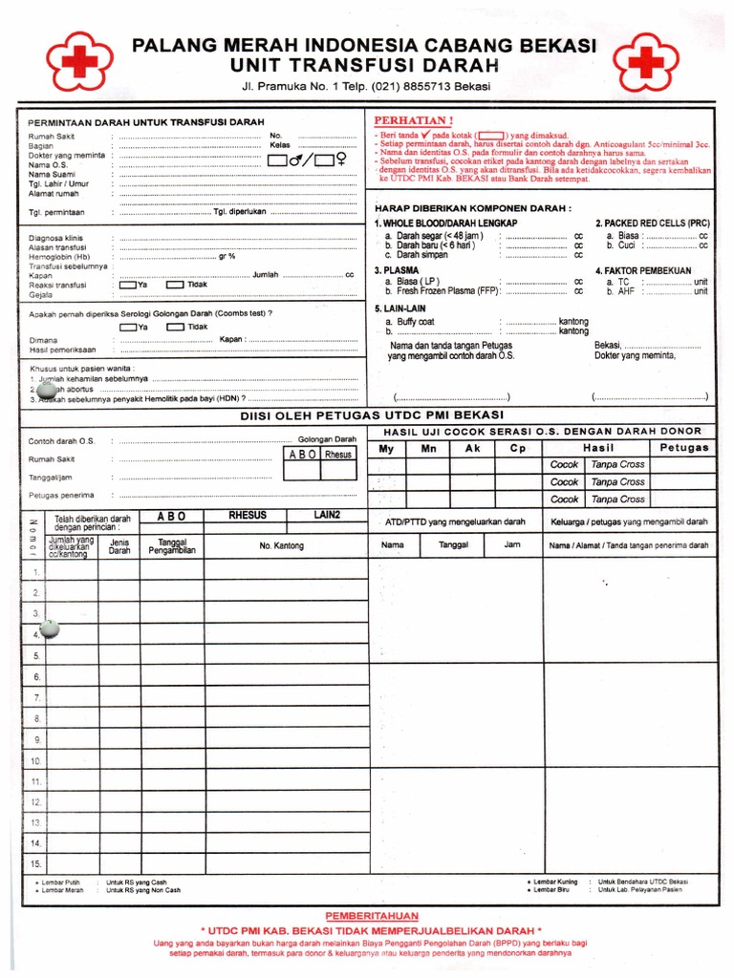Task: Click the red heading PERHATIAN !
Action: [413, 121]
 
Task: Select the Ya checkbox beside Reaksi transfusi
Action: [128, 285]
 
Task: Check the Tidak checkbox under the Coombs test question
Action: [176, 327]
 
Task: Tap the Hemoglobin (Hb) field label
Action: [59, 256]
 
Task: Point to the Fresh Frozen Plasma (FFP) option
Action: [440, 291]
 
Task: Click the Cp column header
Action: [517, 448]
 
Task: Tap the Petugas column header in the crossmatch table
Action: [683, 447]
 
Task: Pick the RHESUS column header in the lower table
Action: [248, 516]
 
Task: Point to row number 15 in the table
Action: [36, 864]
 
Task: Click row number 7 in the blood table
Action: [36, 698]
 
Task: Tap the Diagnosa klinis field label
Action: [57, 237]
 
